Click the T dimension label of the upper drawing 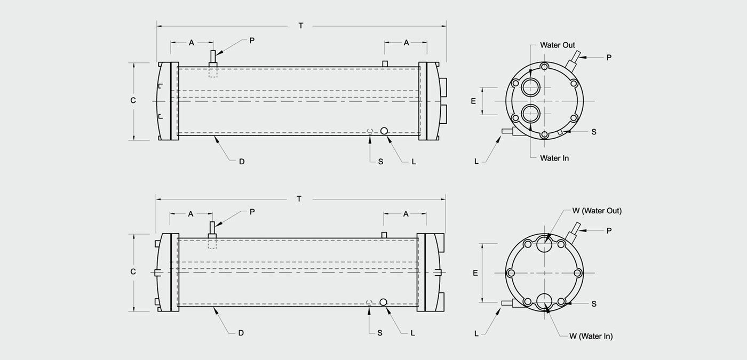click(301, 26)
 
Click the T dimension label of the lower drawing click(299, 199)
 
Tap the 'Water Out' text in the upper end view click(558, 45)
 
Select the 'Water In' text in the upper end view click(554, 158)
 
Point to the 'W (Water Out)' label click(597, 211)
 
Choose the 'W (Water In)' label click(591, 336)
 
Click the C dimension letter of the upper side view click(133, 100)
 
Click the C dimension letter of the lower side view click(133, 271)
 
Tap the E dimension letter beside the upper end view click(473, 101)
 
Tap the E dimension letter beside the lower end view click(475, 273)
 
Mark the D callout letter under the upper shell click(242, 162)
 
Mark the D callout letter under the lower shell click(241, 333)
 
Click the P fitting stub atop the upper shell click(213, 58)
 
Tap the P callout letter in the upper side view click(252, 41)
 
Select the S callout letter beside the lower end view click(593, 303)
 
